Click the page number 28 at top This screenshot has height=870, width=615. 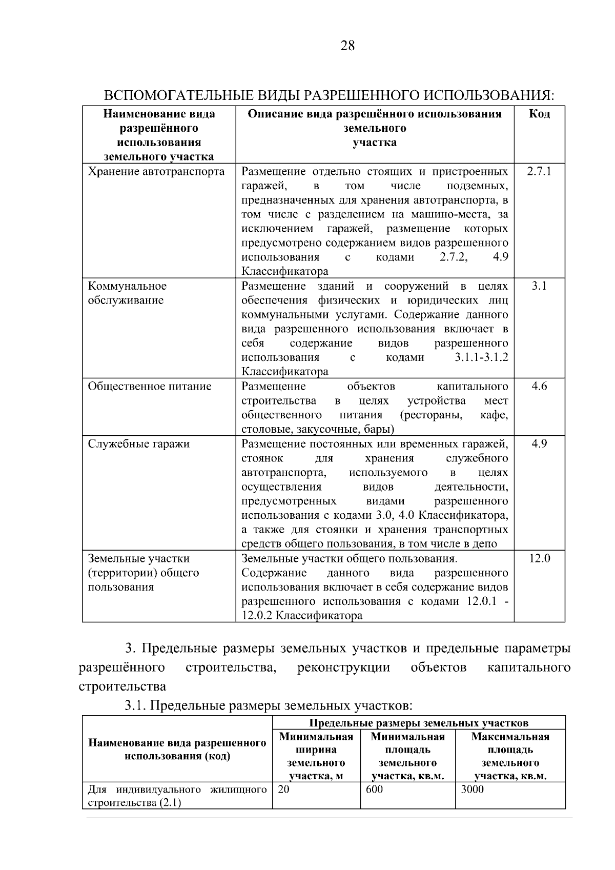tap(347, 46)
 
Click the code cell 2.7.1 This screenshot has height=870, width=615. tap(539, 171)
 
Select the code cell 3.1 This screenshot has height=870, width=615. tap(539, 286)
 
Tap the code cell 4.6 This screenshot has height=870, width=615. tap(539, 386)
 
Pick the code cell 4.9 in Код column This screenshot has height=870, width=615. tap(539, 443)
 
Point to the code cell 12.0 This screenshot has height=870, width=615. tap(539, 558)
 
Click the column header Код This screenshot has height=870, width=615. tap(539, 114)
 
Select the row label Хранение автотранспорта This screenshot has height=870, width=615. tap(156, 171)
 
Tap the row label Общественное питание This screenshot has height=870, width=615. tap(150, 386)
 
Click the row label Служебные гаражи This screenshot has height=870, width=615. tap(139, 443)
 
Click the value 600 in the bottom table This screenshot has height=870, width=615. tap(375, 790)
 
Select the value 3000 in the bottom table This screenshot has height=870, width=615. tap(472, 790)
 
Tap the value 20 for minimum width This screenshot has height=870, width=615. tap(283, 790)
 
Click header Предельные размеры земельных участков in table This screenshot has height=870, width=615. tap(418, 723)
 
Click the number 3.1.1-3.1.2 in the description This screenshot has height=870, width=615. tap(481, 357)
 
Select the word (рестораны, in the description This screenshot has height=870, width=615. tap(431, 415)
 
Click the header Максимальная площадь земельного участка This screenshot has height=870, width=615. tap(510, 756)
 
